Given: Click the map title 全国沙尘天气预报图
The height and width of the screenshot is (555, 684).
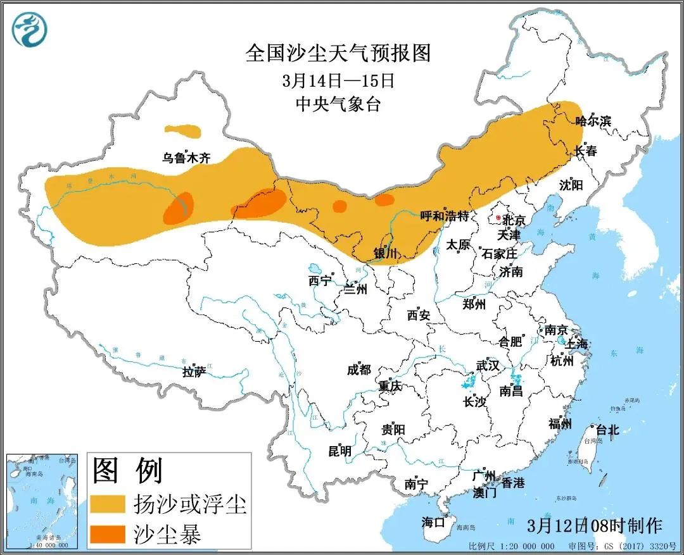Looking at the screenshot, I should click(338, 54).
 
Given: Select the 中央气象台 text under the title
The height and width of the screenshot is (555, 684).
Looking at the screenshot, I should click(338, 104).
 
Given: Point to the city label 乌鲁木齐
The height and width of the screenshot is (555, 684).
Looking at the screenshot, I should click(186, 158).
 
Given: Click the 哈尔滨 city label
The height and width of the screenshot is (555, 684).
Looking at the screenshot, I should click(593, 121).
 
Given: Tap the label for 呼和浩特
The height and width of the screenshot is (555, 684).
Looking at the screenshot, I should click(445, 216).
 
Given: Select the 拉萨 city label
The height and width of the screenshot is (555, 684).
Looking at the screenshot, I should click(194, 372).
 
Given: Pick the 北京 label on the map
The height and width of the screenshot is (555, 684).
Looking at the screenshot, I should click(514, 221).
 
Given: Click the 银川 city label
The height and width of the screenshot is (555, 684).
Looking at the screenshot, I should click(385, 253).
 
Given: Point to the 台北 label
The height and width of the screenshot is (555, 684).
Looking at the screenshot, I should click(607, 430).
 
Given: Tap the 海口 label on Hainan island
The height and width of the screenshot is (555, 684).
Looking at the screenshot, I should click(434, 522).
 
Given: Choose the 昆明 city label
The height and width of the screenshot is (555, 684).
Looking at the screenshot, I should click(339, 451).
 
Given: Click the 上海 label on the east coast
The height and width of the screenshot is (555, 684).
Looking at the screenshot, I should click(577, 344).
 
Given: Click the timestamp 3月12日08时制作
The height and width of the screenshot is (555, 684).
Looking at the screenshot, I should click(594, 525).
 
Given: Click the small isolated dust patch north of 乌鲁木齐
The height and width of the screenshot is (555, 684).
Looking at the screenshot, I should click(183, 132).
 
